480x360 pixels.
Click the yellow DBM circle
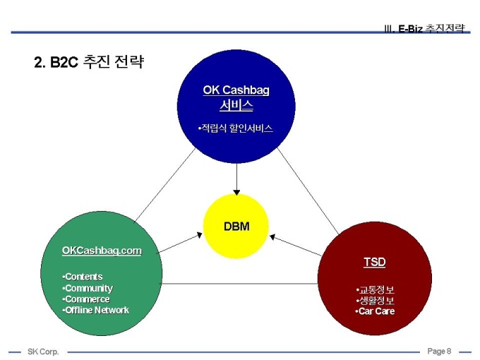point(236,227)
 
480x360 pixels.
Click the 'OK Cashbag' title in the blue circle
point(236,90)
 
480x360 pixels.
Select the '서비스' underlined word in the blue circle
point(236,106)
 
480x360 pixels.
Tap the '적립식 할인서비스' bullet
point(235,128)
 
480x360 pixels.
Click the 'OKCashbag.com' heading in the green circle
point(102,251)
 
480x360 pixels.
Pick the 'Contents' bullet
point(83,277)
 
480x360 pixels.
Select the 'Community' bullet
point(88,288)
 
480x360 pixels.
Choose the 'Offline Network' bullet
point(96,311)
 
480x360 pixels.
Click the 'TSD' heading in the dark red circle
point(375,262)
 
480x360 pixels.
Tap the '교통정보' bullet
point(376,290)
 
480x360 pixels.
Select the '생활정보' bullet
point(376,301)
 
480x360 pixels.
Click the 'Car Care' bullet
point(376,311)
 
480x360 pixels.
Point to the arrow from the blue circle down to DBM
point(236,179)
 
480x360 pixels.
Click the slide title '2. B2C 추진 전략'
point(89,62)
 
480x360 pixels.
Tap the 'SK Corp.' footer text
point(43,352)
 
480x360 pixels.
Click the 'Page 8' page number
point(438,351)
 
